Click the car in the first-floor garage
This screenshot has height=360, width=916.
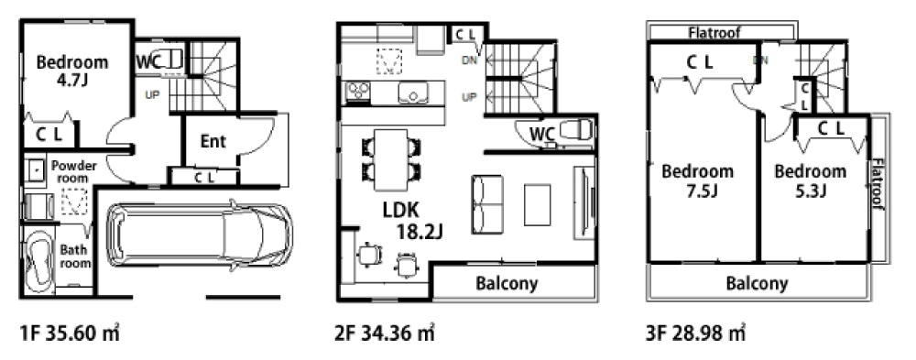pos(199,236)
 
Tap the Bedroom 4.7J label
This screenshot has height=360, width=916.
pos(72,71)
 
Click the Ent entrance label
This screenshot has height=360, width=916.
pos(213,141)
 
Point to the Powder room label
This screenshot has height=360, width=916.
pos(74,172)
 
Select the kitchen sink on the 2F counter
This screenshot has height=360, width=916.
pos(413,93)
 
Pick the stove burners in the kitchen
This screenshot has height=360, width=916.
pos(357,92)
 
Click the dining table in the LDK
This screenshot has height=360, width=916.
pos(391,159)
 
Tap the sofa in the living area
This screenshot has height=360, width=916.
pos(487,204)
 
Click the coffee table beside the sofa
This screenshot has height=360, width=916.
pos(537,204)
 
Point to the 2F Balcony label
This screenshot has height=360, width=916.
pos(507,284)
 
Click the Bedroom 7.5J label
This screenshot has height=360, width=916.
pos(697,180)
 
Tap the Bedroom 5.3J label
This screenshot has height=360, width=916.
pos(811,180)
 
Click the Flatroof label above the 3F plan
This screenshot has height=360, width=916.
pos(714,32)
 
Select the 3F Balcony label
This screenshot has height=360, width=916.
pos(758,284)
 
